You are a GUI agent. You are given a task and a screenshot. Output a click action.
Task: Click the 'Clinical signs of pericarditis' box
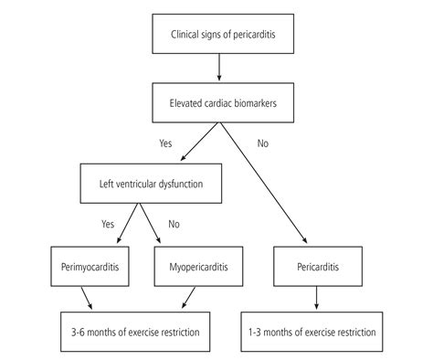click(220, 37)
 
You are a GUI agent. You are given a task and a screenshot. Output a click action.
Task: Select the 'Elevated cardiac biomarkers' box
click(220, 102)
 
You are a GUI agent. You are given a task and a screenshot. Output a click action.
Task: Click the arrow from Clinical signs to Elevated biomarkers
click(220, 69)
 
